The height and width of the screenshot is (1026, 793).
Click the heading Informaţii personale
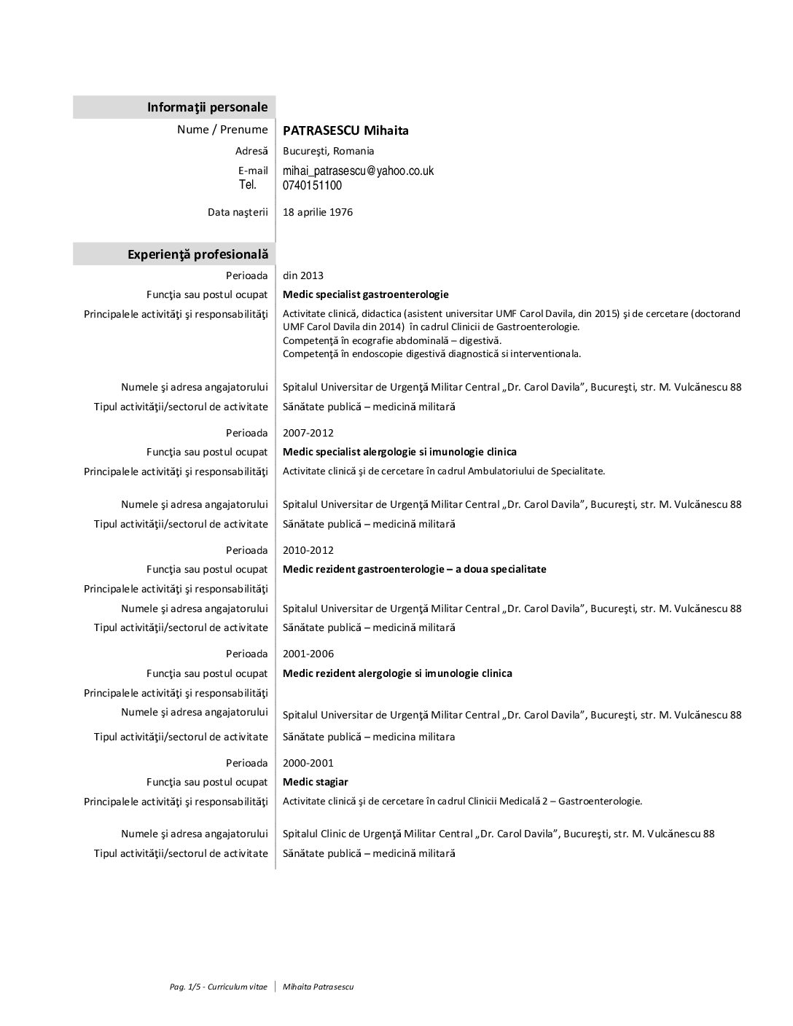coord(207,107)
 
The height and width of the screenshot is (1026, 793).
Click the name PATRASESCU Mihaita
coord(345,130)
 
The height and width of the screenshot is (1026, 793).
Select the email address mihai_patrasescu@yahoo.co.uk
coord(358,171)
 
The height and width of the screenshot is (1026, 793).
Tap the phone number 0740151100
coord(312,185)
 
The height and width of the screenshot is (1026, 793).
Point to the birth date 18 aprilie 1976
coord(318,212)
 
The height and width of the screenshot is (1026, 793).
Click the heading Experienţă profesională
coord(198,254)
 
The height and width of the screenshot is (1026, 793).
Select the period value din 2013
coord(303,275)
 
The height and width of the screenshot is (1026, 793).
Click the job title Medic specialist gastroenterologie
coord(366,294)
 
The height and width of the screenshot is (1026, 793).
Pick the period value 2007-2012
coord(308,433)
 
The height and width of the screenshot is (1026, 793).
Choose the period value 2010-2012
coord(308,550)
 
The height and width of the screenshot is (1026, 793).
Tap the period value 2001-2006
coord(308,654)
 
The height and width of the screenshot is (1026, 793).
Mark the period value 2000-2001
coord(308,763)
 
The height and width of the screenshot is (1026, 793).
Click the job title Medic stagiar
coord(316,782)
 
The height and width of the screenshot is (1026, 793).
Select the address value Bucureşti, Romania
coord(329,151)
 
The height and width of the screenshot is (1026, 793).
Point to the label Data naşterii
coord(238,212)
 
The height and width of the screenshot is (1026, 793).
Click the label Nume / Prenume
coord(222,130)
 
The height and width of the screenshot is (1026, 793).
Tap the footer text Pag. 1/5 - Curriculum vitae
coord(219,987)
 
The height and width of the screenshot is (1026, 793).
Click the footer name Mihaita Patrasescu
coord(319,987)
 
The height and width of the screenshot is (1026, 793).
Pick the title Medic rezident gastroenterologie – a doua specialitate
coord(415,569)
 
